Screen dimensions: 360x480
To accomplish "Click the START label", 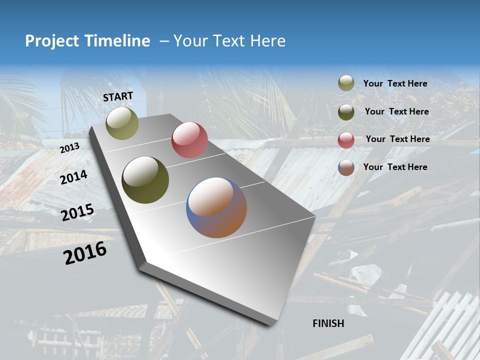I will coord(118,96).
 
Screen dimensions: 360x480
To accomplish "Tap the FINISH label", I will coord(328,323).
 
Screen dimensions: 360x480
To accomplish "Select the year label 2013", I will coord(70,148).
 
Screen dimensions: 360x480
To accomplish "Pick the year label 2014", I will coord(73,177).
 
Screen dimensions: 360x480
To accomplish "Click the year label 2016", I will coord(85,252).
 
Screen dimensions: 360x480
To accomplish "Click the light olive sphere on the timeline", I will coord(122,123).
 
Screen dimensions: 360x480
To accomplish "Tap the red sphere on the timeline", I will coord(189,140).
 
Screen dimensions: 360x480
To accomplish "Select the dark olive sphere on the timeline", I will coord(145,180).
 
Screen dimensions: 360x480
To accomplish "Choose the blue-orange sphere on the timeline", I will coord(216,207).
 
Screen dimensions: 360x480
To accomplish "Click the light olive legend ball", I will coord(346,83).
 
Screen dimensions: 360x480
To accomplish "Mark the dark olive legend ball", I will coord(346,111).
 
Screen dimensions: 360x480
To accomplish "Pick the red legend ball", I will coord(346,139).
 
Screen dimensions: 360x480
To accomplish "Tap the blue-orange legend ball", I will coord(346,167).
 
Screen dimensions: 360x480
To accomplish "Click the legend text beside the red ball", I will coord(397,139).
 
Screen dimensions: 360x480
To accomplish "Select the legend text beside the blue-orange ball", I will coord(395,167).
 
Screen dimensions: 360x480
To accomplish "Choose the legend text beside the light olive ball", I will coord(395,84).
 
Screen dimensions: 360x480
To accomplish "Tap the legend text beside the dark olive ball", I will coord(396,111).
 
